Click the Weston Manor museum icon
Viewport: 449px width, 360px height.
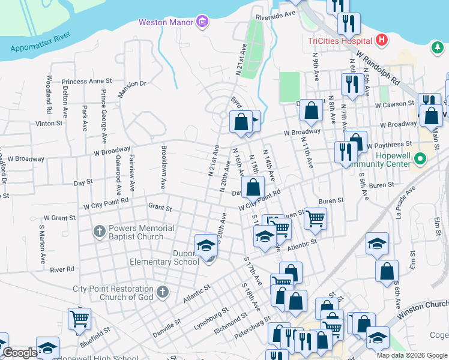[202, 23]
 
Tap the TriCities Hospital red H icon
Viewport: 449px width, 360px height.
[381, 41]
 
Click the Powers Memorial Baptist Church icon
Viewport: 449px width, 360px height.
[100, 232]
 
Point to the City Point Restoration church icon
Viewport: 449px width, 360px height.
[161, 293]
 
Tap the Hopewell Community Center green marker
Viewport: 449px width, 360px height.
[420, 159]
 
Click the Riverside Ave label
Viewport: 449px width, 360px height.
[276, 14]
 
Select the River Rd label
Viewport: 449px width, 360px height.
[62, 269]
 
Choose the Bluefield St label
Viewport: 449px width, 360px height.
[95, 335]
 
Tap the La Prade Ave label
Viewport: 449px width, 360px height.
[405, 202]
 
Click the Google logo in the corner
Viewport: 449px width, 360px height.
[19, 353]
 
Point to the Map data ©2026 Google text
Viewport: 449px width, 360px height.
[412, 355]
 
